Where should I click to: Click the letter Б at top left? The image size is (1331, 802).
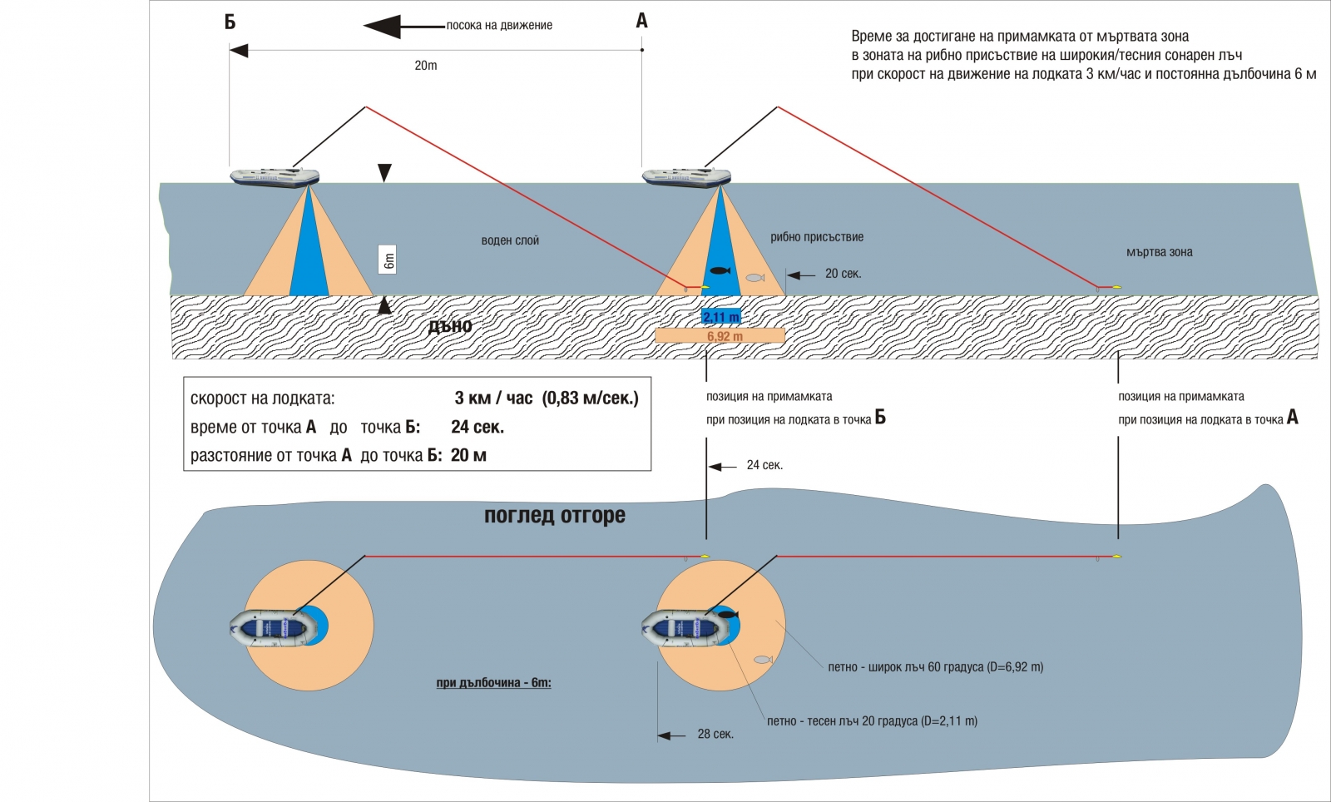point(230,22)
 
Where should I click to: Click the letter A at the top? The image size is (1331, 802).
point(641,21)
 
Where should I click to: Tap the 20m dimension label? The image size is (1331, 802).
point(426,66)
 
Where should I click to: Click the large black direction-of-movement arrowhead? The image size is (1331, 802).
point(383,26)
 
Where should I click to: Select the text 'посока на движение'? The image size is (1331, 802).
point(499,26)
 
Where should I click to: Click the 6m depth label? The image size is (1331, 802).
point(388,260)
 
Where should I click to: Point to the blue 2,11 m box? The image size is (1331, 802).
point(720,317)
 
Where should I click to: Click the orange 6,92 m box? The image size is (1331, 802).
point(720,336)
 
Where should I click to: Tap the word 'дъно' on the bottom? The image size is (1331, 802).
point(450,326)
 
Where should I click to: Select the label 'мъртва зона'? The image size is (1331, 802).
point(1159,252)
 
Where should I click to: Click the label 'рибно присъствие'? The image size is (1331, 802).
point(817,237)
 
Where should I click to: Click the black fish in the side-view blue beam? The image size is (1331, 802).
point(720,270)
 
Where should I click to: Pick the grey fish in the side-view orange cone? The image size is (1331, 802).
point(755,278)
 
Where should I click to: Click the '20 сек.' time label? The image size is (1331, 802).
point(843,274)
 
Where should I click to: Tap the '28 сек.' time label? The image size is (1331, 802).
point(715,735)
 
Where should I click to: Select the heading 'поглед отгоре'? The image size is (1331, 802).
point(555,516)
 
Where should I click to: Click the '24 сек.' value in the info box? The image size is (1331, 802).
point(477,428)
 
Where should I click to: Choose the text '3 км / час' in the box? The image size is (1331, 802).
point(493,399)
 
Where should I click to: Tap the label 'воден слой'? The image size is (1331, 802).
point(510,241)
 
